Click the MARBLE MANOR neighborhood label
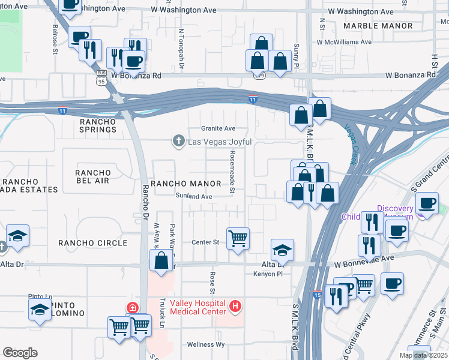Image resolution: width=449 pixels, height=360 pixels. [378, 26]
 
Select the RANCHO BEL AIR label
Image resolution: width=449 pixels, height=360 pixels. [93, 177]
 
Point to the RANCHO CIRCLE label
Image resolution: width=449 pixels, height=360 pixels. [92, 242]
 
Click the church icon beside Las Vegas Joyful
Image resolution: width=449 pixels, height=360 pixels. [178, 142]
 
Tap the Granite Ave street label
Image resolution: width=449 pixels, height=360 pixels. [218, 128]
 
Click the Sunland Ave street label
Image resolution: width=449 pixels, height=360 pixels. [194, 196]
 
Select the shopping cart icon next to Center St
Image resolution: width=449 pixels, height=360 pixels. [238, 238]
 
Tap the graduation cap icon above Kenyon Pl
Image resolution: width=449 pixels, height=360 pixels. [282, 249]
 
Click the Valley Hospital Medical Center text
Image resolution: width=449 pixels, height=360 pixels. [198, 307]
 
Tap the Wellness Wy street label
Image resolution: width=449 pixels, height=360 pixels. [205, 344]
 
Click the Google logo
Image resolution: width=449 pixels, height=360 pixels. [20, 352]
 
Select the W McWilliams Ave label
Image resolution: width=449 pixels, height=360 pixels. [342, 42]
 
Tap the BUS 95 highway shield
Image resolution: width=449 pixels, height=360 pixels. [101, 74]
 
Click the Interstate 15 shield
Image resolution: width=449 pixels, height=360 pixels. [317, 294]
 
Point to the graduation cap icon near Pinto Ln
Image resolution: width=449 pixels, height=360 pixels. [40, 310]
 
